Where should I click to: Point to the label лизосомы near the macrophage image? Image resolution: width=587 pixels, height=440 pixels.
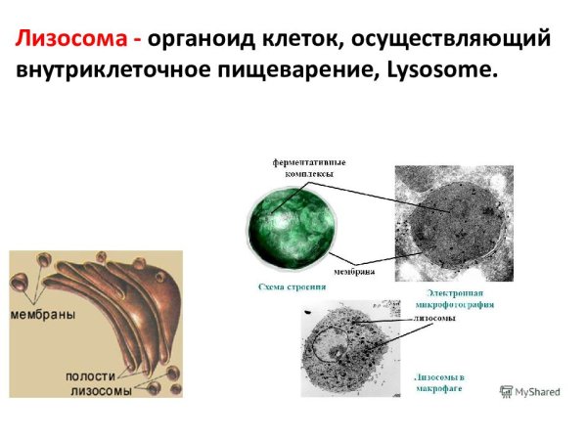(429, 320)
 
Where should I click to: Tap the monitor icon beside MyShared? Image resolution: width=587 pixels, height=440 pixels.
(507, 391)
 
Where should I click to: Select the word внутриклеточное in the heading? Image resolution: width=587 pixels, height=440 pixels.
(104, 71)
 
